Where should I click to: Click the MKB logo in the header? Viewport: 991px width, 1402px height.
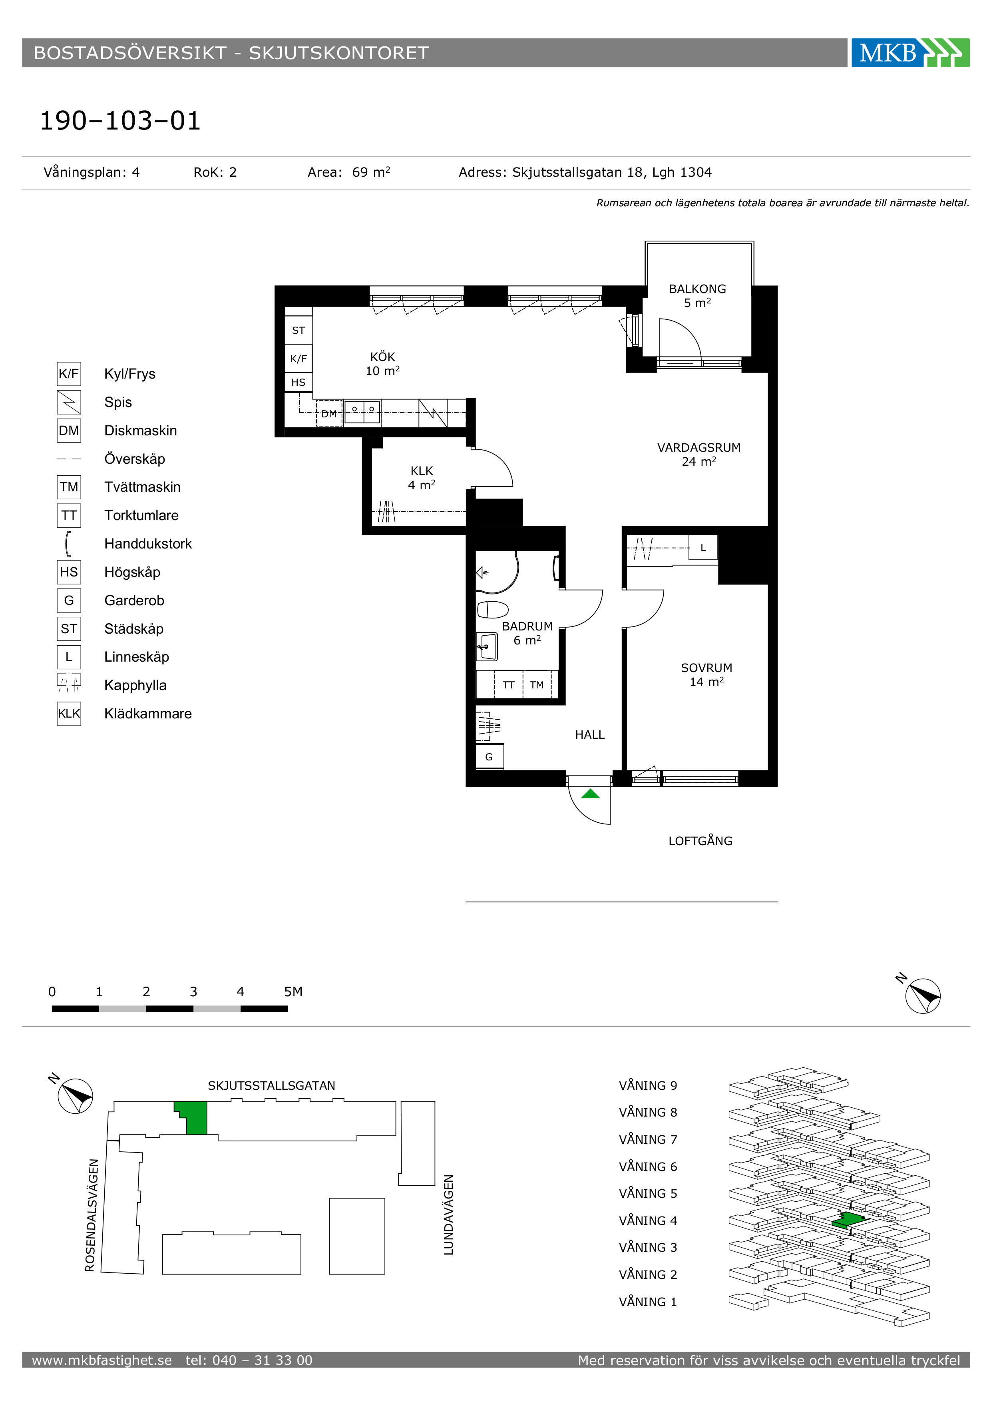tap(910, 52)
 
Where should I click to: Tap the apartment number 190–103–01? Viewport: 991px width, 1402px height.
tap(120, 121)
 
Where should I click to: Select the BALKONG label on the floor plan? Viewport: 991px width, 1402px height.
tap(697, 289)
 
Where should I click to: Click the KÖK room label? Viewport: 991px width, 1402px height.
tap(382, 357)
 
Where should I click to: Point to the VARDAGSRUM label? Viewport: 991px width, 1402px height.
tap(699, 448)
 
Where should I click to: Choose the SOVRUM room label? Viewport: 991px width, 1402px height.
tap(706, 668)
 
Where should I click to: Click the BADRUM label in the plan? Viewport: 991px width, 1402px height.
tap(527, 626)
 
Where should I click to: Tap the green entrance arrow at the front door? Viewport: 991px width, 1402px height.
tap(590, 794)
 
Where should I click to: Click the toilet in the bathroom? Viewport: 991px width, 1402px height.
tap(492, 609)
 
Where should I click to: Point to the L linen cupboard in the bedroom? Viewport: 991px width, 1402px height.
tap(703, 548)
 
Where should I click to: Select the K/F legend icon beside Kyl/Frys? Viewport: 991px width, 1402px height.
tap(69, 374)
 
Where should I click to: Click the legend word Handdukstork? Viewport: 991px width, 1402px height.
tap(148, 543)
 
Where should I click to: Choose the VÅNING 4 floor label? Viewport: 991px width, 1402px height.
tap(648, 1221)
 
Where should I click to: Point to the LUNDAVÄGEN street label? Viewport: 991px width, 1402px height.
tap(448, 1215)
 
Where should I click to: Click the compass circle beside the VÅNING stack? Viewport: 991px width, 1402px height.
tap(923, 996)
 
